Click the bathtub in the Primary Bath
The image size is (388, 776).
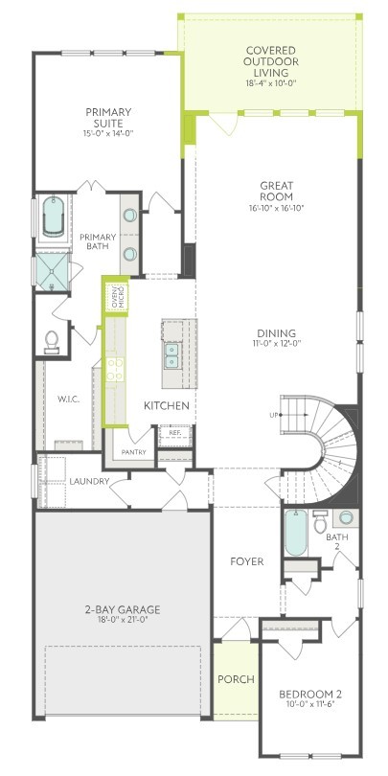click(x=54, y=217)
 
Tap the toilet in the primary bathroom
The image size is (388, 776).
click(x=52, y=342)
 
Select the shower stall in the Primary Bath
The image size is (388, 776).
click(x=54, y=271)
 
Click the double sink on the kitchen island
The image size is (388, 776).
click(x=172, y=355)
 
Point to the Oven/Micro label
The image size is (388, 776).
click(x=117, y=297)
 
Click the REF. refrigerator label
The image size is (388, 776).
click(x=175, y=432)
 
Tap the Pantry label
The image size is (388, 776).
click(x=133, y=452)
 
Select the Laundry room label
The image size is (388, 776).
click(x=89, y=481)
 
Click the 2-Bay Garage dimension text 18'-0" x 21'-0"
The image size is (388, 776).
click(x=122, y=619)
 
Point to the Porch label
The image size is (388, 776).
click(x=236, y=679)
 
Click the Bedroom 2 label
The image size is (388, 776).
click(x=310, y=694)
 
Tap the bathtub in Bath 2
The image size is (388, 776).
click(x=296, y=533)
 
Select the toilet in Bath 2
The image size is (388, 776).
click(x=320, y=521)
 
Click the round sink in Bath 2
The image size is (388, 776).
click(x=346, y=517)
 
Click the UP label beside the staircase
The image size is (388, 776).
click(x=274, y=415)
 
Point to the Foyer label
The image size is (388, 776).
click(x=246, y=561)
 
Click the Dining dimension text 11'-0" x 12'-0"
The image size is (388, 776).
click(x=276, y=342)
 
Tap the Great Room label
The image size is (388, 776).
click(x=276, y=191)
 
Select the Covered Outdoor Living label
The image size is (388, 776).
click(x=271, y=62)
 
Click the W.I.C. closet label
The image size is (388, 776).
click(x=68, y=399)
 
